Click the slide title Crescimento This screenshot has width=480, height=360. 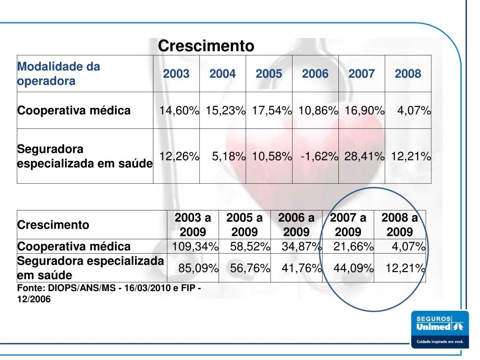[x=206, y=46]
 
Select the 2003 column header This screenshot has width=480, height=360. [x=176, y=74]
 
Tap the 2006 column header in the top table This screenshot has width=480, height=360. [x=315, y=74]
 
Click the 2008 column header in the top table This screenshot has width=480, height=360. [x=408, y=74]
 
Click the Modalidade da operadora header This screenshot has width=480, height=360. [x=59, y=74]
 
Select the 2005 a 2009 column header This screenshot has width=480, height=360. [x=244, y=225]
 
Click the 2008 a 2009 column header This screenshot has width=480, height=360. [x=399, y=225]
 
